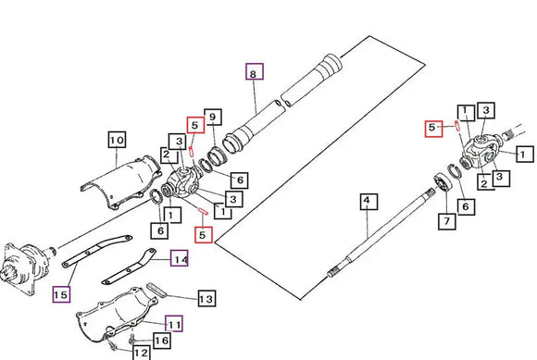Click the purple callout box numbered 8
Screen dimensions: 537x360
255,71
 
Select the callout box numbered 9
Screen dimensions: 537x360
213,118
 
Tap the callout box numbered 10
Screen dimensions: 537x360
117,140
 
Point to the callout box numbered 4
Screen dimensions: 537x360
368,202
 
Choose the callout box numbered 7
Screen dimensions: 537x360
447,221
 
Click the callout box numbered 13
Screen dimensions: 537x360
206,298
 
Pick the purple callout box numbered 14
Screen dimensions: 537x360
180,258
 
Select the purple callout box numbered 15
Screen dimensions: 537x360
62,294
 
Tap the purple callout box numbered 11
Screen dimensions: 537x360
174,324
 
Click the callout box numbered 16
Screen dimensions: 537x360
162,341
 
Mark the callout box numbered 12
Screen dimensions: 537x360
142,353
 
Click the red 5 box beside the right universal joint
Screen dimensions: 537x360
433,129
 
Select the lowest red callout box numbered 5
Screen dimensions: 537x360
204,235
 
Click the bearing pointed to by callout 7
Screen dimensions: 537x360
443,183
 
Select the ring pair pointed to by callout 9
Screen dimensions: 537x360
210,160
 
